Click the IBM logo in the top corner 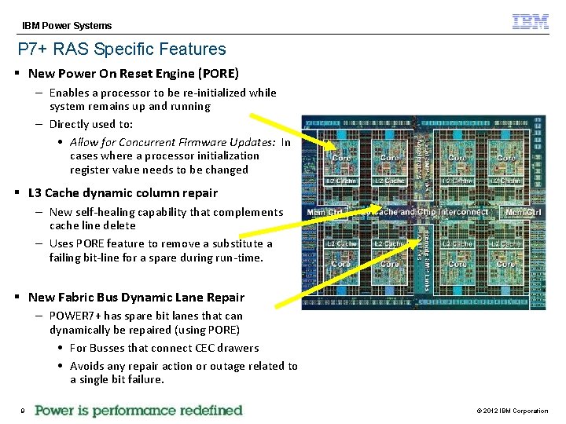coord(531,22)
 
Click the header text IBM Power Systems coord(67,26)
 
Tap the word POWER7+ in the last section coord(74,316)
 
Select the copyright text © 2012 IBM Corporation coord(513,411)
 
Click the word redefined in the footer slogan coord(208,410)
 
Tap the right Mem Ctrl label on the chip coord(523,212)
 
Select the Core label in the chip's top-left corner coord(342,158)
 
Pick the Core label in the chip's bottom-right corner coord(505,264)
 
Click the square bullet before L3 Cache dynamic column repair coord(17,192)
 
